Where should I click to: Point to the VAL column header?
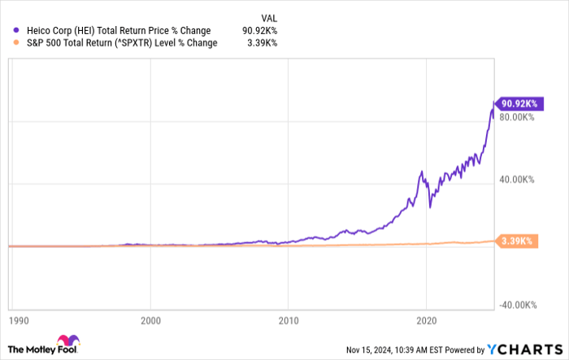click(268, 15)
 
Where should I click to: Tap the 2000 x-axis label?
click(150, 320)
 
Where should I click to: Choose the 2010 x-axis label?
click(289, 320)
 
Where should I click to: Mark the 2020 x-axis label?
click(427, 320)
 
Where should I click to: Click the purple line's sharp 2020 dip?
click(429, 207)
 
